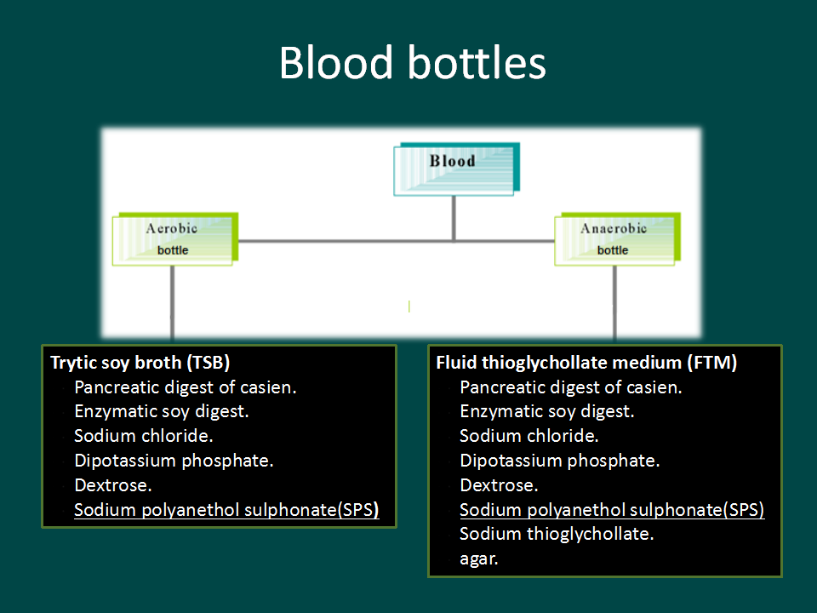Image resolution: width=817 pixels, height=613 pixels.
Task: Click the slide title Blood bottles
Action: pos(412,62)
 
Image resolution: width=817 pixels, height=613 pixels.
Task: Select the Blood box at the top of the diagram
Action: pos(456,169)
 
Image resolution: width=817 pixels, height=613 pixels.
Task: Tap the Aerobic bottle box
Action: pos(175,238)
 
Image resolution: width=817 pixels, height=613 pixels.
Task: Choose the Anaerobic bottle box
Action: pos(618,238)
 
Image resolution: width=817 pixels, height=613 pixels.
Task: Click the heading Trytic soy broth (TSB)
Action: pos(140,363)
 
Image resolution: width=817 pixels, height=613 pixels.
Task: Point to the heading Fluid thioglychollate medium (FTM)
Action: pos(586,363)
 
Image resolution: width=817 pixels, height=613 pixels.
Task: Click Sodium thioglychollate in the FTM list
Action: pos(557,534)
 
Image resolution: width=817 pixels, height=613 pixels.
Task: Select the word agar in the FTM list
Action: pos(479,559)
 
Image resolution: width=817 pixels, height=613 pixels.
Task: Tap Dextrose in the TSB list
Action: pos(113,485)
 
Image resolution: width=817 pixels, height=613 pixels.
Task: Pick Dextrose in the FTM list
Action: pos(499,485)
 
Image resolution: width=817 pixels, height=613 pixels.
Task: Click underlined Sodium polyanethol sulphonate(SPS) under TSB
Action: pos(226,510)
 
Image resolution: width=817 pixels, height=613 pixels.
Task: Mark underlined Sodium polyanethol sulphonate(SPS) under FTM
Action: pos(612,510)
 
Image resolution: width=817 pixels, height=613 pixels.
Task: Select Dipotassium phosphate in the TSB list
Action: pos(174,461)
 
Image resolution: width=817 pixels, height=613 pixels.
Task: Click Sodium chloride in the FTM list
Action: pos(528,436)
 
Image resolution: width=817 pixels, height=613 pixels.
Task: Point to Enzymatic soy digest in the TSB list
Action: pos(162,412)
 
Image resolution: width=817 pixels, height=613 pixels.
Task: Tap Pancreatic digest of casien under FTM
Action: pos(571,387)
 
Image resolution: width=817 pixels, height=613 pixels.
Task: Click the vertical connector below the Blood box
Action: pos(454,219)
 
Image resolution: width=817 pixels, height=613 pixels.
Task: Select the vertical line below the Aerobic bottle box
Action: pos(173,305)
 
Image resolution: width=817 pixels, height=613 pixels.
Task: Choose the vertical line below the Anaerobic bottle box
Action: pos(614,305)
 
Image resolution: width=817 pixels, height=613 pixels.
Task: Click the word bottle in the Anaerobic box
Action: pos(613,250)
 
